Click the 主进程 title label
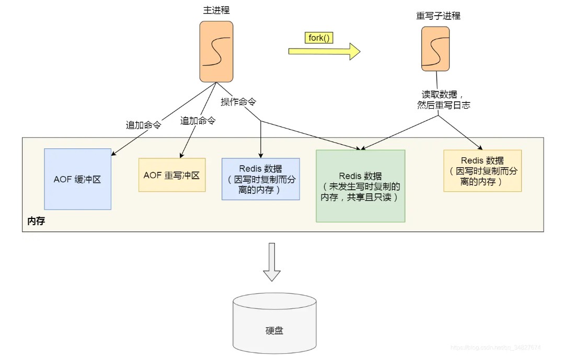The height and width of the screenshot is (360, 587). pyautogui.click(x=216, y=10)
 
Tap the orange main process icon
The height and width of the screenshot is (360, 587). pyautogui.click(x=216, y=51)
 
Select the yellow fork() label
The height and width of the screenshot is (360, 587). pyautogui.click(x=319, y=38)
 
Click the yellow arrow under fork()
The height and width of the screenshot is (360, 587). pyautogui.click(x=324, y=51)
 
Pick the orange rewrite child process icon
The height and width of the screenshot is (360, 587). pyautogui.click(x=435, y=49)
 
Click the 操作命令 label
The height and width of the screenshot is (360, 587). pyautogui.click(x=238, y=102)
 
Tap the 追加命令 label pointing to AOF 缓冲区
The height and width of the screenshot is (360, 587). pyautogui.click(x=143, y=125)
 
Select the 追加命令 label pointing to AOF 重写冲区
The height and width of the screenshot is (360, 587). pyautogui.click(x=198, y=121)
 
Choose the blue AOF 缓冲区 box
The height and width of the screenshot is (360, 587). pyautogui.click(x=77, y=179)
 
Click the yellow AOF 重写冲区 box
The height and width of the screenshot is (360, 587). pyautogui.click(x=172, y=175)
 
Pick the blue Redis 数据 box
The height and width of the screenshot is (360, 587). pyautogui.click(x=261, y=179)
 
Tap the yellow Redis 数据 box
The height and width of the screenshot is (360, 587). pyautogui.click(x=482, y=171)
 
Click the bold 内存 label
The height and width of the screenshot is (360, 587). pyautogui.click(x=36, y=222)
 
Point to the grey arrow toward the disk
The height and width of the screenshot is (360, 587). pyautogui.click(x=272, y=262)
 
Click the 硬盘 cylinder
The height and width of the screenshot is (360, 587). pyautogui.click(x=274, y=324)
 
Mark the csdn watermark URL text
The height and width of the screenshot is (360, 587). pyautogui.click(x=495, y=347)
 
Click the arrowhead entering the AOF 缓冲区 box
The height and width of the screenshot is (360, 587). pyautogui.click(x=114, y=154)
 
